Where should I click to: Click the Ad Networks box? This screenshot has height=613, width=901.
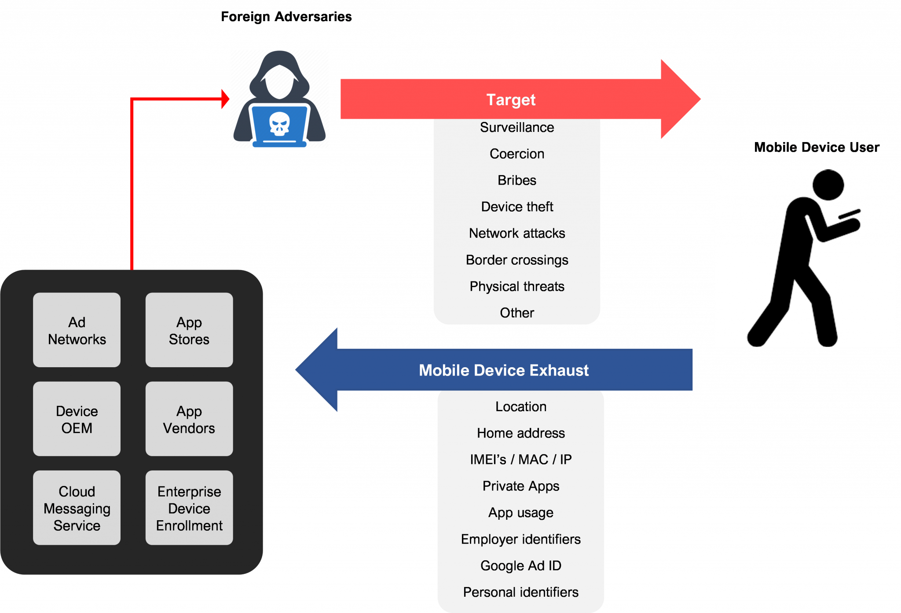pyautogui.click(x=77, y=330)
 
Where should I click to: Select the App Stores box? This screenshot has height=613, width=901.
pyautogui.click(x=189, y=330)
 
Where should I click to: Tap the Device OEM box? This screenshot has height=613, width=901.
pyautogui.click(x=77, y=419)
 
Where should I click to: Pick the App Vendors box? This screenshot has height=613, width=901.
pyautogui.click(x=189, y=419)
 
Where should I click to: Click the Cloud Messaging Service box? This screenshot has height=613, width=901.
pyautogui.click(x=77, y=508)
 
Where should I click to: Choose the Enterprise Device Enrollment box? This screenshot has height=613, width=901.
pyautogui.click(x=189, y=508)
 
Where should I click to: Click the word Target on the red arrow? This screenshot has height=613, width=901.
pyautogui.click(x=511, y=100)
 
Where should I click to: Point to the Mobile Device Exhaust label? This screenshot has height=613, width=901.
pyautogui.click(x=503, y=370)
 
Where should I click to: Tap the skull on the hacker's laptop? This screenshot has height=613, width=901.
pyautogui.click(x=279, y=124)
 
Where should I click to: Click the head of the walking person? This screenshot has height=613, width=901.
pyautogui.click(x=828, y=185)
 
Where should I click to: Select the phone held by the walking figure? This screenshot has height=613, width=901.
pyautogui.click(x=850, y=214)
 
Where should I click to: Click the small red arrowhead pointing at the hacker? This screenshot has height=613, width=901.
pyautogui.click(x=225, y=99)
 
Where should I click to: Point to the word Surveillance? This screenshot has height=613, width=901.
pyautogui.click(x=517, y=128)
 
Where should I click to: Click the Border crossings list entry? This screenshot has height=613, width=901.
pyautogui.click(x=517, y=260)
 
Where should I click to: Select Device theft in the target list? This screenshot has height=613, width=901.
pyautogui.click(x=517, y=207)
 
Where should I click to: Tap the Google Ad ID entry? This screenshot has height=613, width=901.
pyautogui.click(x=521, y=566)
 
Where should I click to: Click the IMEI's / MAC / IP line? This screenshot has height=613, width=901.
pyautogui.click(x=521, y=460)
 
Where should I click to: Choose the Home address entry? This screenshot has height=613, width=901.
pyautogui.click(x=521, y=433)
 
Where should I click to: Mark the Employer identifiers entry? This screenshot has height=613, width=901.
pyautogui.click(x=521, y=539)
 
